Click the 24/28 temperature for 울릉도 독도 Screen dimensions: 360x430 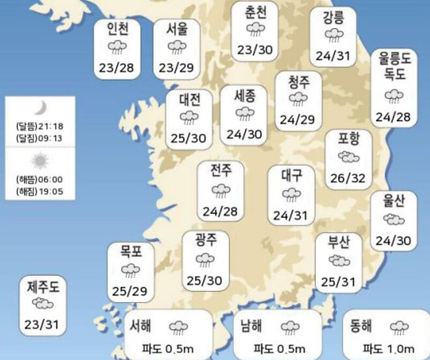coord(392,116)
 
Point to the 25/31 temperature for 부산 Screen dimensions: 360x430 coord(339,282)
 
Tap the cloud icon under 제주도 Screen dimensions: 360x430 coord(43,303)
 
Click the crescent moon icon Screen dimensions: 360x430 coord(40,107)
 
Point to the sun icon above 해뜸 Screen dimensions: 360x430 coord(40,160)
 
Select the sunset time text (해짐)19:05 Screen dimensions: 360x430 coord(40,192)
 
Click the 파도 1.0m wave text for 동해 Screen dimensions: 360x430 coord(389,348)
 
